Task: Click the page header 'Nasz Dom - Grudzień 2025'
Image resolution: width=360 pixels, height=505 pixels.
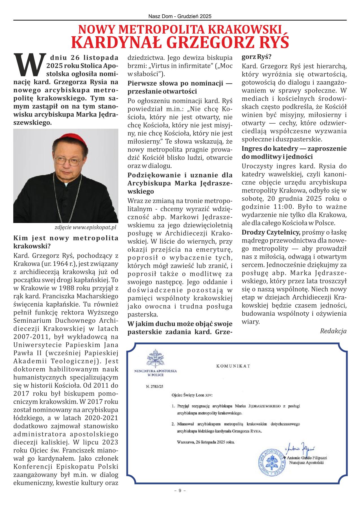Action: [180, 17]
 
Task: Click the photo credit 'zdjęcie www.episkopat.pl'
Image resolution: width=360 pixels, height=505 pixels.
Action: [85, 228]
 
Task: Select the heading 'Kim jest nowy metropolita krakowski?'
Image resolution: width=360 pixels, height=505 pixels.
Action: [66, 242]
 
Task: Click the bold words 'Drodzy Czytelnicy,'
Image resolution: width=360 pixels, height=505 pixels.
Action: [271, 232]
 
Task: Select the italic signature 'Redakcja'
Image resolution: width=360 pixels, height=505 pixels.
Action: [333, 331]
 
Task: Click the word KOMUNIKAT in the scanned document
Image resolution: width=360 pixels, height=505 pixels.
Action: [233, 366]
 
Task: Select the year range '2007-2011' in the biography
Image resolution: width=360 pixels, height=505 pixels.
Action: [27, 337]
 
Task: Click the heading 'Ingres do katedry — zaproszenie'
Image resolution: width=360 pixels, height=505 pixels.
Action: [294, 148]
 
